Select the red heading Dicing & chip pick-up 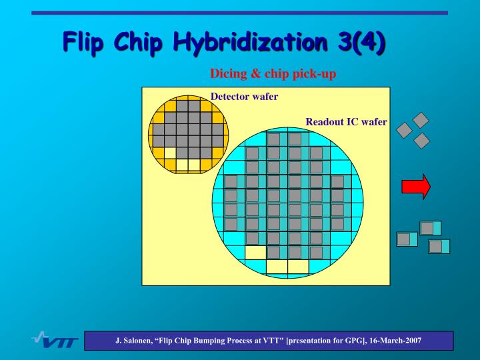(x=273, y=74)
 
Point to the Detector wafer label (x=244, y=97)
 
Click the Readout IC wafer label (x=346, y=122)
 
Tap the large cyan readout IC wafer (x=288, y=200)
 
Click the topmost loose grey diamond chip (x=421, y=120)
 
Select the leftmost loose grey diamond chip (x=405, y=131)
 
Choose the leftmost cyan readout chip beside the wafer (x=407, y=239)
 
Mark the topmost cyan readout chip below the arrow (x=430, y=228)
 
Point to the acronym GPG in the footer (x=343, y=341)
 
